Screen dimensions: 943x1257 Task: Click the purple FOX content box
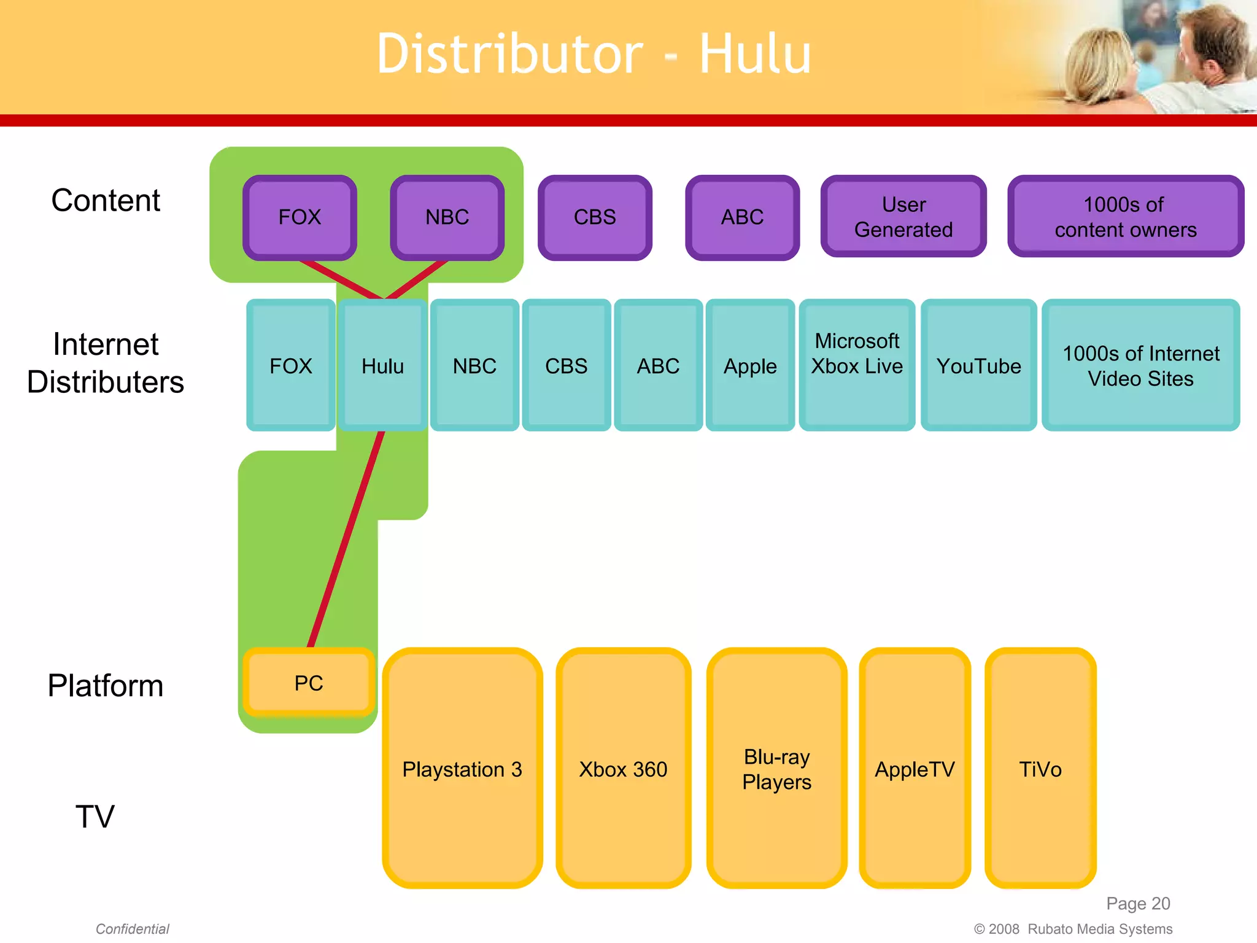[x=300, y=217]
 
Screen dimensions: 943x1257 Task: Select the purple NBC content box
[x=447, y=217]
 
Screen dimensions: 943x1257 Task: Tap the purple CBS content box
[x=595, y=217]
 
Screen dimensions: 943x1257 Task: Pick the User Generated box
[x=903, y=217]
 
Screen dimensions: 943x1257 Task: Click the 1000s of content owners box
[x=1125, y=217]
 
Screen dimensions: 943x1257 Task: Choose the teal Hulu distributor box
[x=382, y=366]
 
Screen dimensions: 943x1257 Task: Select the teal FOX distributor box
[x=290, y=366]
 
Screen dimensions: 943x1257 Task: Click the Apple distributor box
[x=750, y=366]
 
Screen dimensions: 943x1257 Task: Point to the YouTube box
[x=978, y=366]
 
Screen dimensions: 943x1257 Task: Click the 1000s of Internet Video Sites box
[x=1140, y=366]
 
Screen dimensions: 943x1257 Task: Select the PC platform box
[x=309, y=683]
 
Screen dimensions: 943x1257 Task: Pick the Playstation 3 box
[x=462, y=769]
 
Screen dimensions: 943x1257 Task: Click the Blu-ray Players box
[x=776, y=769]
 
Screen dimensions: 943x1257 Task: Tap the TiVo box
[x=1040, y=769]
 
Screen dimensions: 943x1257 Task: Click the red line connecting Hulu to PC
[x=346, y=540]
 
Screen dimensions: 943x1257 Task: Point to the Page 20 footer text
[x=1137, y=903]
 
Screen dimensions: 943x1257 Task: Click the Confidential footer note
[x=132, y=929]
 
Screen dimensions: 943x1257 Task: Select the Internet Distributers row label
[x=106, y=363]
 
